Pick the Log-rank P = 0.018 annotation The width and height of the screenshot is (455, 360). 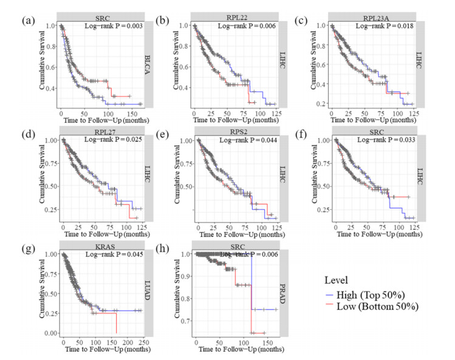(x=383, y=26)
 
